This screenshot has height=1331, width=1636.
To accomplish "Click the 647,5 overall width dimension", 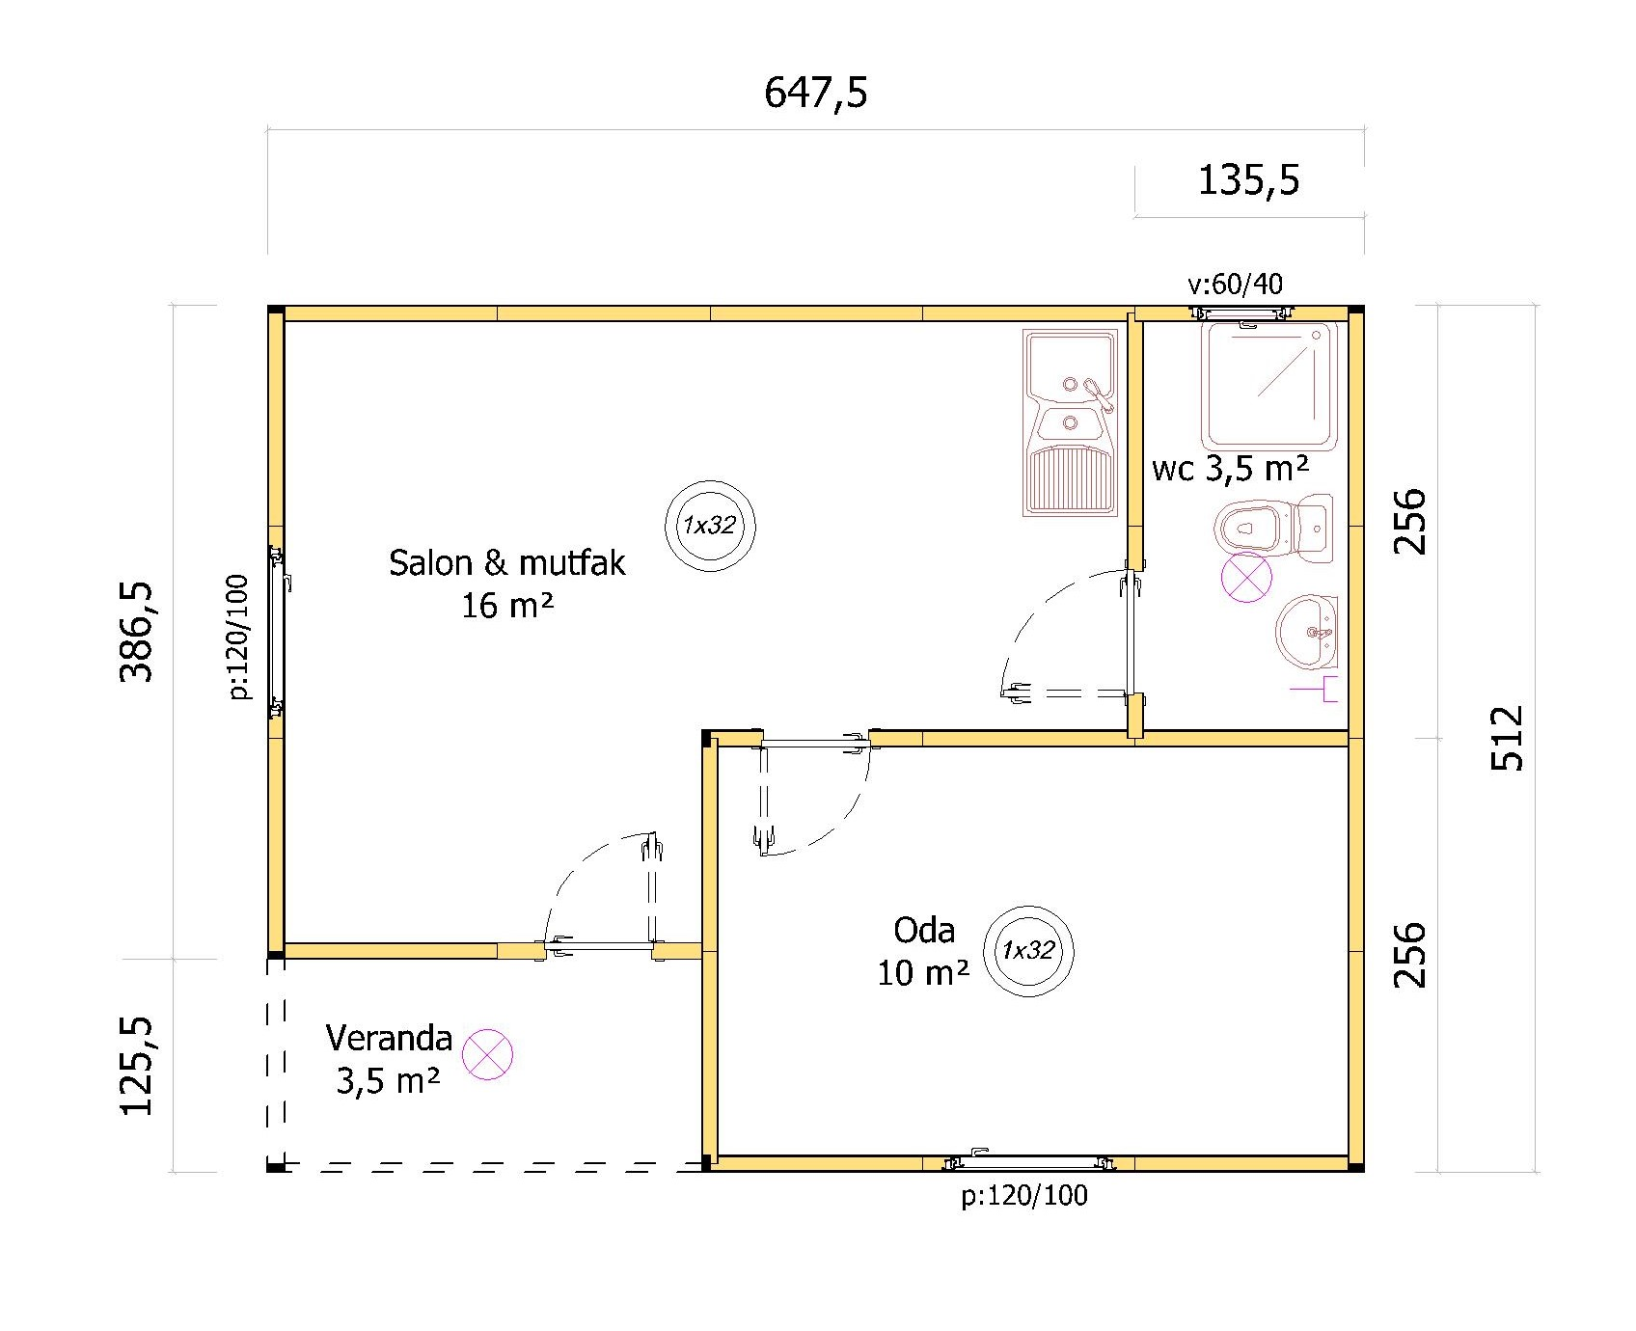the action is tap(816, 94).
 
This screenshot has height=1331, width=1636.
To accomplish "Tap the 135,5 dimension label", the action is tap(1248, 180).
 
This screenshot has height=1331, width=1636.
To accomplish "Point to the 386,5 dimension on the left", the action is tap(136, 632).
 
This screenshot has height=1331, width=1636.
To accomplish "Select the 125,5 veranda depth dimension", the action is tap(136, 1065).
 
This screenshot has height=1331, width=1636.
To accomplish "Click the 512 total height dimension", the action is tap(1507, 738).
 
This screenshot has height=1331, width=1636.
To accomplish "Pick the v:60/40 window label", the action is tap(1235, 284).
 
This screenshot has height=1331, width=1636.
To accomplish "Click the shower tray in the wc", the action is tap(1268, 386).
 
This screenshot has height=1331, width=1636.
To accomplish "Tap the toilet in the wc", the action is tap(1273, 529).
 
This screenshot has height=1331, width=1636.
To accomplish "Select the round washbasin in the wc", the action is tap(1308, 632).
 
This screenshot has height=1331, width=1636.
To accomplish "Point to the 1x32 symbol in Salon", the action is tap(710, 526).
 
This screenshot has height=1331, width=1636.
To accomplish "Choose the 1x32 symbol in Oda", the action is tap(1028, 950).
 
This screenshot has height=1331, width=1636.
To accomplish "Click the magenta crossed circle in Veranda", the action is tap(487, 1053).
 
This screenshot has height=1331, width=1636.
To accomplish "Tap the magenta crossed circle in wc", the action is tap(1246, 578).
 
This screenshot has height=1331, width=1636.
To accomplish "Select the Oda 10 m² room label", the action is tap(924, 951).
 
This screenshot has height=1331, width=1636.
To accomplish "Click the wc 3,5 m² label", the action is tap(1231, 469).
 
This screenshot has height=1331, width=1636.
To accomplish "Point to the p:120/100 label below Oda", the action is tap(1024, 1196).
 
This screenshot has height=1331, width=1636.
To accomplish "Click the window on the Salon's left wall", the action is tap(278, 632).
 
